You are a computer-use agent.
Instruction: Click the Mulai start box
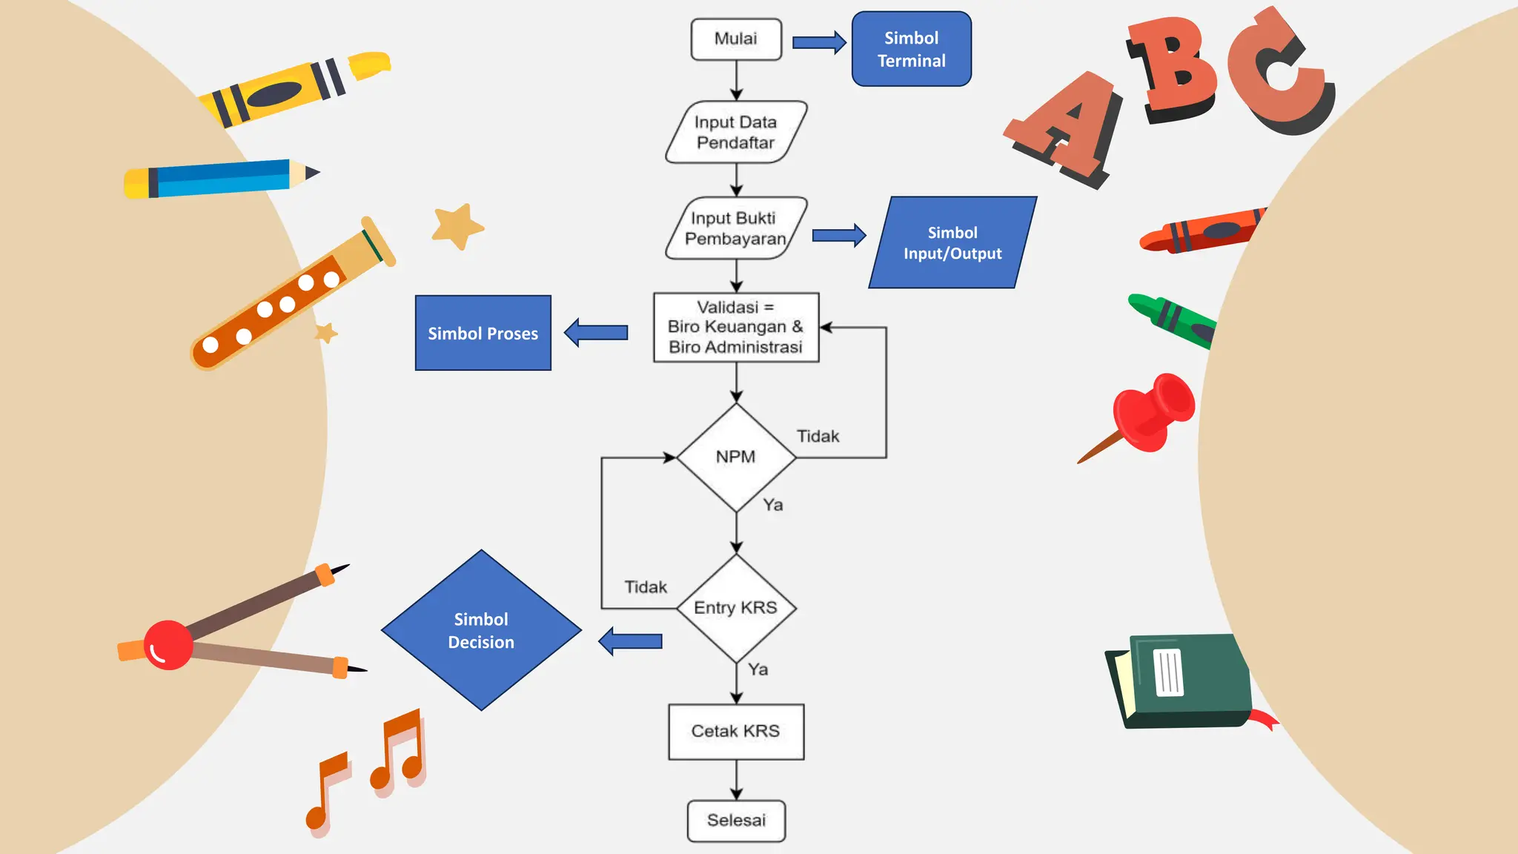(736, 39)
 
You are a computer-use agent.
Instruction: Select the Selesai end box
(736, 821)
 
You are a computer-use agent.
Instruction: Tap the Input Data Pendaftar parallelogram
(736, 132)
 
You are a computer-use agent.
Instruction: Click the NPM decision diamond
(736, 457)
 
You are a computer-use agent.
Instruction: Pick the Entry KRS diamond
(736, 608)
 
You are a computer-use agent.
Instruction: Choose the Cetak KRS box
(736, 732)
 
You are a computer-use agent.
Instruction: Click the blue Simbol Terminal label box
(911, 49)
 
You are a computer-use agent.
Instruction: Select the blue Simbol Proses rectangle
(483, 333)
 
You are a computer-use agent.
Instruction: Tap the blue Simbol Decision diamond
(481, 631)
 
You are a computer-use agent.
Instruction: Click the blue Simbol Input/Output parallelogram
(952, 242)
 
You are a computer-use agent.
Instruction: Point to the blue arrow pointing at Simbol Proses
(597, 333)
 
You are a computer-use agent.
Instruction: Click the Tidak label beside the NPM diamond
(818, 437)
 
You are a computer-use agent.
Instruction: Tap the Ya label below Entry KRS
(758, 669)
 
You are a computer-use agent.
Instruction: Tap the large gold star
(457, 225)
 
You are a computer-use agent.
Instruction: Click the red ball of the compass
(168, 645)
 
